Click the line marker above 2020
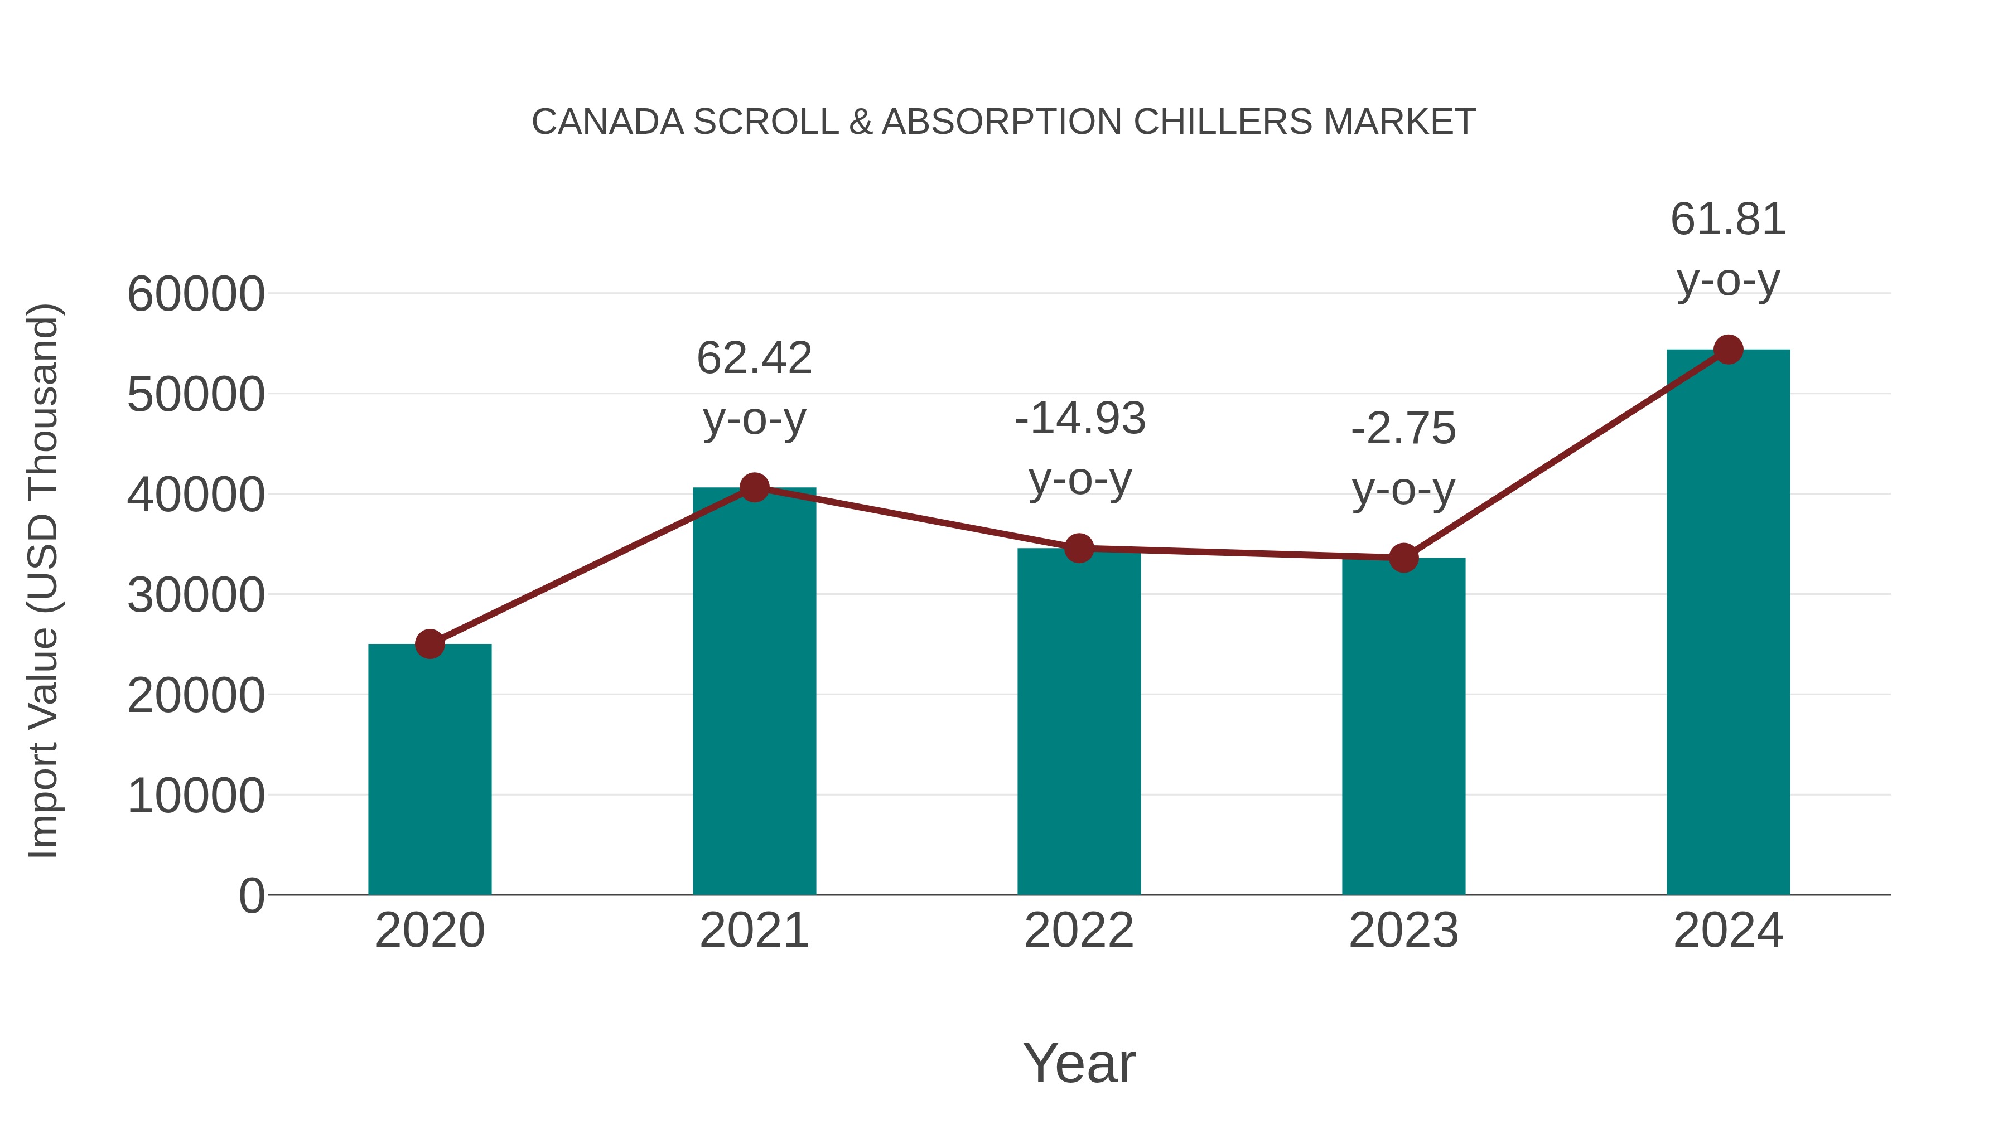[x=429, y=645]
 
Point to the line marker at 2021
[x=754, y=488]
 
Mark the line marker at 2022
[x=1079, y=549]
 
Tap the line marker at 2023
[x=1403, y=558]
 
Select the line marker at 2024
[x=1728, y=350]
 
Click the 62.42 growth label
[x=754, y=358]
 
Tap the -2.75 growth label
[x=1403, y=429]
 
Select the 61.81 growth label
[x=1728, y=219]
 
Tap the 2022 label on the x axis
[x=1079, y=931]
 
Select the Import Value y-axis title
[x=43, y=580]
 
